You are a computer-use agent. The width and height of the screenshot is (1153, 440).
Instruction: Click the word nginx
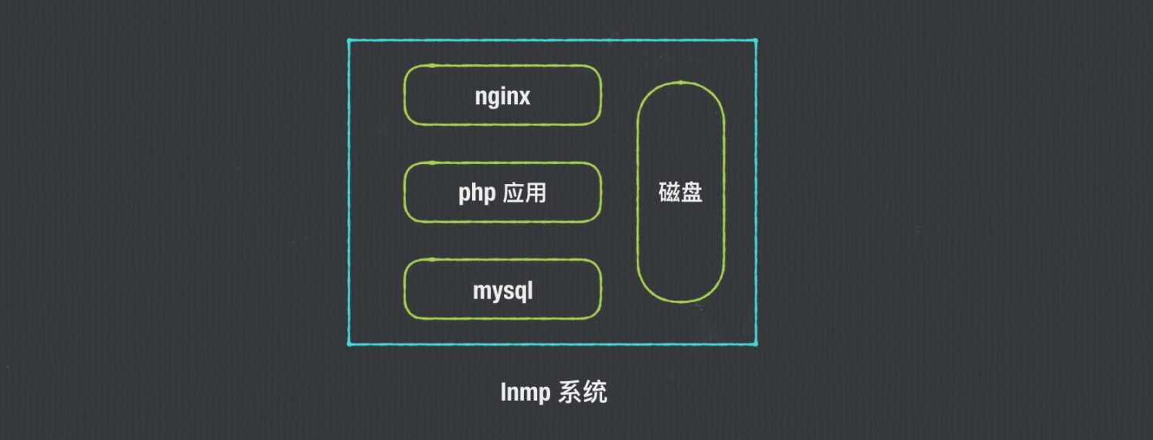click(x=502, y=97)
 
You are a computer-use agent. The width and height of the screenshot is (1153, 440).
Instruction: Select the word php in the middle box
click(x=476, y=193)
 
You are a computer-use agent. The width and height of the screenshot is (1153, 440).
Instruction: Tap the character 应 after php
click(x=513, y=193)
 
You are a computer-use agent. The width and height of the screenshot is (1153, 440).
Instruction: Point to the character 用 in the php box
click(x=536, y=193)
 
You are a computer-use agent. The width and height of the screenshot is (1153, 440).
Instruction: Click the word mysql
click(x=502, y=292)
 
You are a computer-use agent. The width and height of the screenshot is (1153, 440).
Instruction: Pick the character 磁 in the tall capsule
click(x=669, y=192)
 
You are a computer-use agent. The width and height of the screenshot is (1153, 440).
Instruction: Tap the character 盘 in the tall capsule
click(x=692, y=192)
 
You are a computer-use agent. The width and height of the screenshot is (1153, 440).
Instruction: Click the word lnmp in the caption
click(x=525, y=393)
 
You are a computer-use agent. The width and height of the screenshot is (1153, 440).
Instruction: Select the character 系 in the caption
click(x=573, y=392)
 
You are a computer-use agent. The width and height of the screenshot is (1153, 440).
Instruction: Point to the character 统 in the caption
click(x=596, y=392)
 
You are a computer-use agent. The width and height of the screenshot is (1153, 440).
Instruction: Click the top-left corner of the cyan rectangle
click(x=349, y=40)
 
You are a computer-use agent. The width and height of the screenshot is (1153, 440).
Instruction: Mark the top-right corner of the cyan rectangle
click(x=756, y=40)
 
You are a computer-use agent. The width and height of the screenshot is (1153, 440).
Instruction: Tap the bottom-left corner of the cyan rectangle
click(x=349, y=343)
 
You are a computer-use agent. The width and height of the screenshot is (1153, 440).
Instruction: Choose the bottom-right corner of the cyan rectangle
click(x=756, y=343)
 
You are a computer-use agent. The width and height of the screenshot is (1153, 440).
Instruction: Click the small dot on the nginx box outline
click(x=432, y=66)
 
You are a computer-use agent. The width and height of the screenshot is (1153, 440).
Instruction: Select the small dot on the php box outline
click(x=432, y=163)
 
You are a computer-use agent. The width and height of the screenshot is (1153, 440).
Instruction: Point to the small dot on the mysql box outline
click(x=432, y=260)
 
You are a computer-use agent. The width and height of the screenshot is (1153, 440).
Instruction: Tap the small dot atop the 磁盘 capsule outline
click(x=680, y=83)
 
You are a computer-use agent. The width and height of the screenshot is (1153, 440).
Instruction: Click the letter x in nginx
click(x=524, y=97)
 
